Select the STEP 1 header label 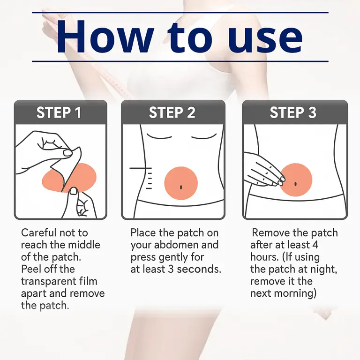pyautogui.click(x=59, y=112)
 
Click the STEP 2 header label pyautogui.click(x=172, y=112)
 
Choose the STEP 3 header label pyautogui.click(x=293, y=112)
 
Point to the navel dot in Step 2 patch pyautogui.click(x=181, y=187)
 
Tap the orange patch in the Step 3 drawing pyautogui.click(x=296, y=180)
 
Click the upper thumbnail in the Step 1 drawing pyautogui.click(x=68, y=153)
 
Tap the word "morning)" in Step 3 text pyautogui.click(x=294, y=294)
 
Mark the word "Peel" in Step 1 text pyautogui.click(x=31, y=270)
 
